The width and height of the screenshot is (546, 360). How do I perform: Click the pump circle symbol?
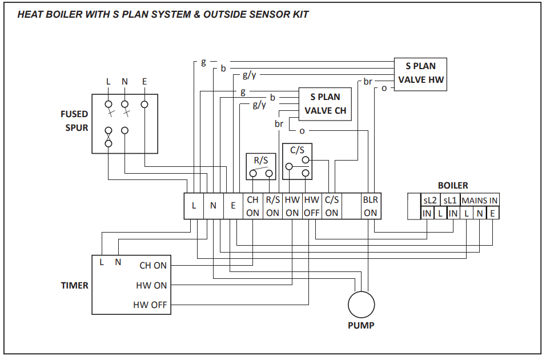click(362, 305)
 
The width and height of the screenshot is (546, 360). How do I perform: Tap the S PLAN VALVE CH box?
click(325, 104)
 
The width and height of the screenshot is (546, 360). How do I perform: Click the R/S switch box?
click(261, 166)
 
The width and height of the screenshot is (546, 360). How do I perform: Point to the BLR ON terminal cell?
click(371, 206)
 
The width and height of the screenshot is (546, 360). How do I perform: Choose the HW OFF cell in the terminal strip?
click(311, 206)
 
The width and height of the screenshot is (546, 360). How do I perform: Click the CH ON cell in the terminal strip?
click(252, 206)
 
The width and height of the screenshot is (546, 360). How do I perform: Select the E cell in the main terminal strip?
click(233, 206)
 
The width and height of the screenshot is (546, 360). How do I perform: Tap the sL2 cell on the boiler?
click(429, 201)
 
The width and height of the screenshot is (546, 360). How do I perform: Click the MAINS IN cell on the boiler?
click(480, 201)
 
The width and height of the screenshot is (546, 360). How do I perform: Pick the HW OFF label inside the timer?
click(150, 305)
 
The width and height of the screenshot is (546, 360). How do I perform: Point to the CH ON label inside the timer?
click(153, 266)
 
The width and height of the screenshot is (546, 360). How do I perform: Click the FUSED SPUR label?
click(75, 121)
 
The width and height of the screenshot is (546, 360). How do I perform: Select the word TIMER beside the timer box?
click(75, 285)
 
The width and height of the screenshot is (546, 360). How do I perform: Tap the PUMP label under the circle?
click(361, 326)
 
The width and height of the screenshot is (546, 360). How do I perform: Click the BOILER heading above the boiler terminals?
click(453, 186)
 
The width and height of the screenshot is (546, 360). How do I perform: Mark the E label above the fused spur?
click(144, 82)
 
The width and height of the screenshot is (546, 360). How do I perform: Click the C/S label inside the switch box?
click(297, 150)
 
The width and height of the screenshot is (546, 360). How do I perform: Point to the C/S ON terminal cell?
click(332, 206)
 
